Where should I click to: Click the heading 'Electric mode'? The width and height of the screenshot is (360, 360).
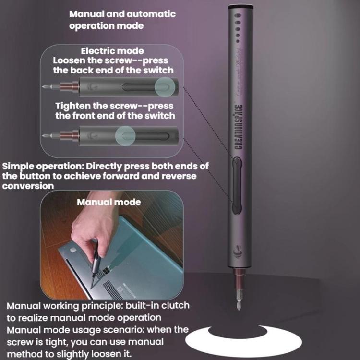click(x=112, y=50)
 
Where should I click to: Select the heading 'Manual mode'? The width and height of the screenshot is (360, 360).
click(x=109, y=202)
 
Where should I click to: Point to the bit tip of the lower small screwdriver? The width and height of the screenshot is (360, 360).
click(x=45, y=135)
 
